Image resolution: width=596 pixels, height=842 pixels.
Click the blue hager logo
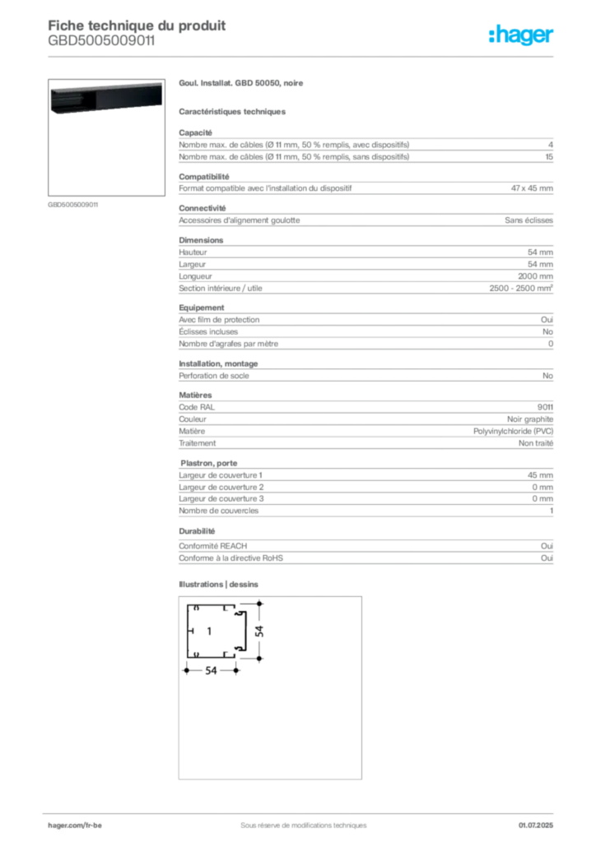pos(523,36)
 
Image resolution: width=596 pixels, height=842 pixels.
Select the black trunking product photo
pos(105,99)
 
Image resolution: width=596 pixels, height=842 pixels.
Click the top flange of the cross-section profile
pos(212,606)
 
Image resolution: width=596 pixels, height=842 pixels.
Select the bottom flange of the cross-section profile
pos(212,655)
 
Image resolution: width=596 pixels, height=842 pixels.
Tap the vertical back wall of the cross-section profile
pos(187,631)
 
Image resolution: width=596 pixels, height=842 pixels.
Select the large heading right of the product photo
pos(244,85)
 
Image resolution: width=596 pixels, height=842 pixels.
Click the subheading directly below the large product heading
pos(234,111)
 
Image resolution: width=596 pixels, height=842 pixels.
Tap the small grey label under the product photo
pos(72,204)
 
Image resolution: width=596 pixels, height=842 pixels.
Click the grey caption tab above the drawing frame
pos(221,585)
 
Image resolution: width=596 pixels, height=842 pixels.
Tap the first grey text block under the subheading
pos(365,147)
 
